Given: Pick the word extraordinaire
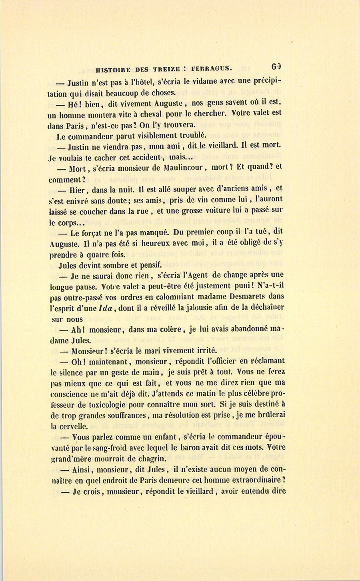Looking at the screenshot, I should coord(256,481).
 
